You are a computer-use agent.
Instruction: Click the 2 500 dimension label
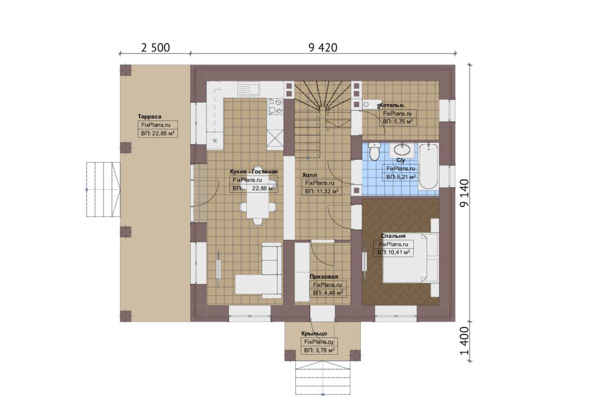pos(155,47)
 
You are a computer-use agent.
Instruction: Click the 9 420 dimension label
pos(323,47)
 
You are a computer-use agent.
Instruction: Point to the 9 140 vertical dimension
pos(465,193)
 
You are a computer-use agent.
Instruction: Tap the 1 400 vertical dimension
pos(465,341)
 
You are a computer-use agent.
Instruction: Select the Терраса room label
pos(149,117)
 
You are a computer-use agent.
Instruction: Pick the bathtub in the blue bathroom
pos(429,166)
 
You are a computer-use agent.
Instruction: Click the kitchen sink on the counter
pos(248,88)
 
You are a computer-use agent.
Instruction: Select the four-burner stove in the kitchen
pos(275,107)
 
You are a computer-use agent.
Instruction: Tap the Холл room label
pos(310,175)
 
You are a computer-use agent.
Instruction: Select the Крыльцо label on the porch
pos(314,334)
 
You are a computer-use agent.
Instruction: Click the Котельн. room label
pos(392,105)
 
